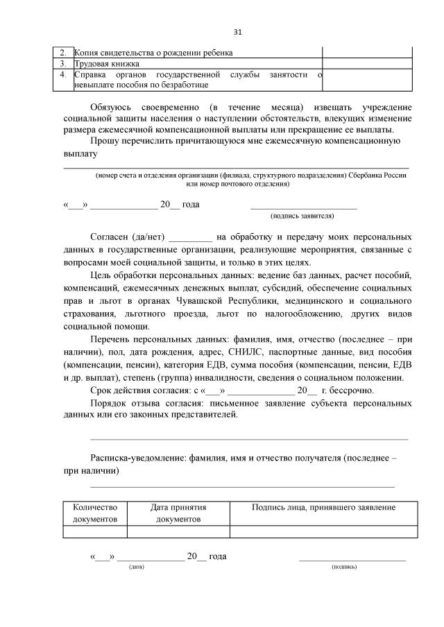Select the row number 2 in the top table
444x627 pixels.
[62, 52]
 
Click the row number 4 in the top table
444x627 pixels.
[62, 74]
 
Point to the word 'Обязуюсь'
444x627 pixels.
[111, 108]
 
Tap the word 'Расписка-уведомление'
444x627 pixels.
[137, 458]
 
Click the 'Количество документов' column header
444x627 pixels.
[95, 513]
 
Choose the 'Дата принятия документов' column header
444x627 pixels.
[178, 513]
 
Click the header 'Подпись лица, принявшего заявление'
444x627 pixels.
[324, 508]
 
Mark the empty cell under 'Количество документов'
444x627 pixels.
[95, 532]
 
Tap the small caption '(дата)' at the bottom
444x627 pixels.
[137, 567]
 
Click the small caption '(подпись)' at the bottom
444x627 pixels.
[345, 567]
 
